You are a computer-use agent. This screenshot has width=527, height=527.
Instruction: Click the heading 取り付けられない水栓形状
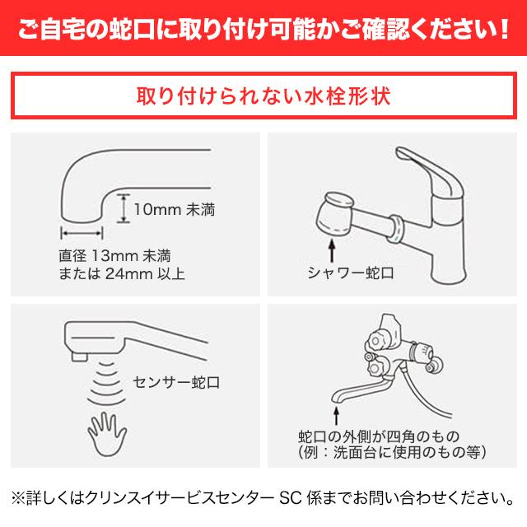click(x=263, y=97)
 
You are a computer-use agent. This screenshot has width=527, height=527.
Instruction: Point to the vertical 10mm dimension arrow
click(x=124, y=208)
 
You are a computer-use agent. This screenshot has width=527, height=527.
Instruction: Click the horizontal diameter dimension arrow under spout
click(x=80, y=233)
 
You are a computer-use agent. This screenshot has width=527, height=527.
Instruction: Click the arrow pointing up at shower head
click(x=332, y=248)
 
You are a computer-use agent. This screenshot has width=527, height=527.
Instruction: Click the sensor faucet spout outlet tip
click(x=79, y=356)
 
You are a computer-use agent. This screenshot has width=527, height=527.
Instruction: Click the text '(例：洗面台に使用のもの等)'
click(x=392, y=452)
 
